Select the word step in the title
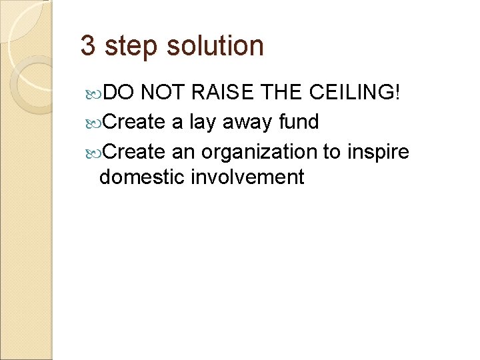pyautogui.click(x=129, y=47)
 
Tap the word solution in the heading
pyautogui.click(x=215, y=46)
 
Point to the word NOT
pyautogui.click(x=164, y=93)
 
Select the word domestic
pyautogui.click(x=141, y=177)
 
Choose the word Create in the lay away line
pyautogui.click(x=135, y=122)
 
